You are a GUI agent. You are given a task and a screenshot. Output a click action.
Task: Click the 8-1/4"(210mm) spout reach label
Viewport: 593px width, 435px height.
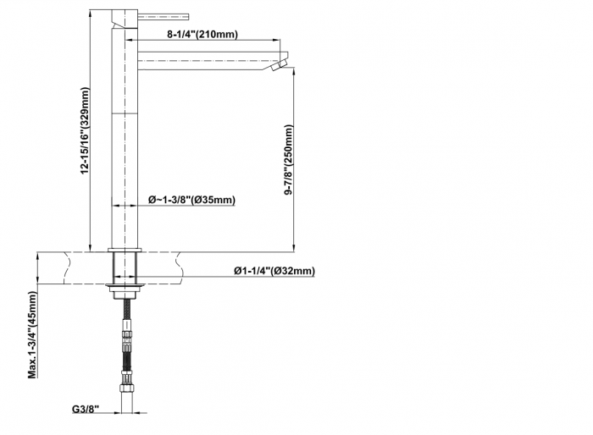[x=202, y=34]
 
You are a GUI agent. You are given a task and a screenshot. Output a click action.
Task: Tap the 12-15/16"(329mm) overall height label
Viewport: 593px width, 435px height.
[x=85, y=131]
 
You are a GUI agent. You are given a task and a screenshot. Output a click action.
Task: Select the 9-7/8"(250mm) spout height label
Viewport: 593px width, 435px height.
[x=289, y=159]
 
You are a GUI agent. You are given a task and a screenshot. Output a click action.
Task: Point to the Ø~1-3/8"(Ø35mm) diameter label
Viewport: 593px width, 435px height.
[x=191, y=199]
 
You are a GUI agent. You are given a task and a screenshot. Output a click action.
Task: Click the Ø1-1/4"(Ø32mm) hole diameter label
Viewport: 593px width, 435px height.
[x=274, y=271]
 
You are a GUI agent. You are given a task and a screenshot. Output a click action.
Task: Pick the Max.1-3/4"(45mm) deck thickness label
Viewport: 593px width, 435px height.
[x=32, y=335]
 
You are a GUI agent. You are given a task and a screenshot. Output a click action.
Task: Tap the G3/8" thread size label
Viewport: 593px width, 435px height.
[x=86, y=409]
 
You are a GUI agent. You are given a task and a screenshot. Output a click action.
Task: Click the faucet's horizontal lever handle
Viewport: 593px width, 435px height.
[x=163, y=16]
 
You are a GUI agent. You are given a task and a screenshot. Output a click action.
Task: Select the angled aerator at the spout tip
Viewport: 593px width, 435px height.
[x=280, y=64]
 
